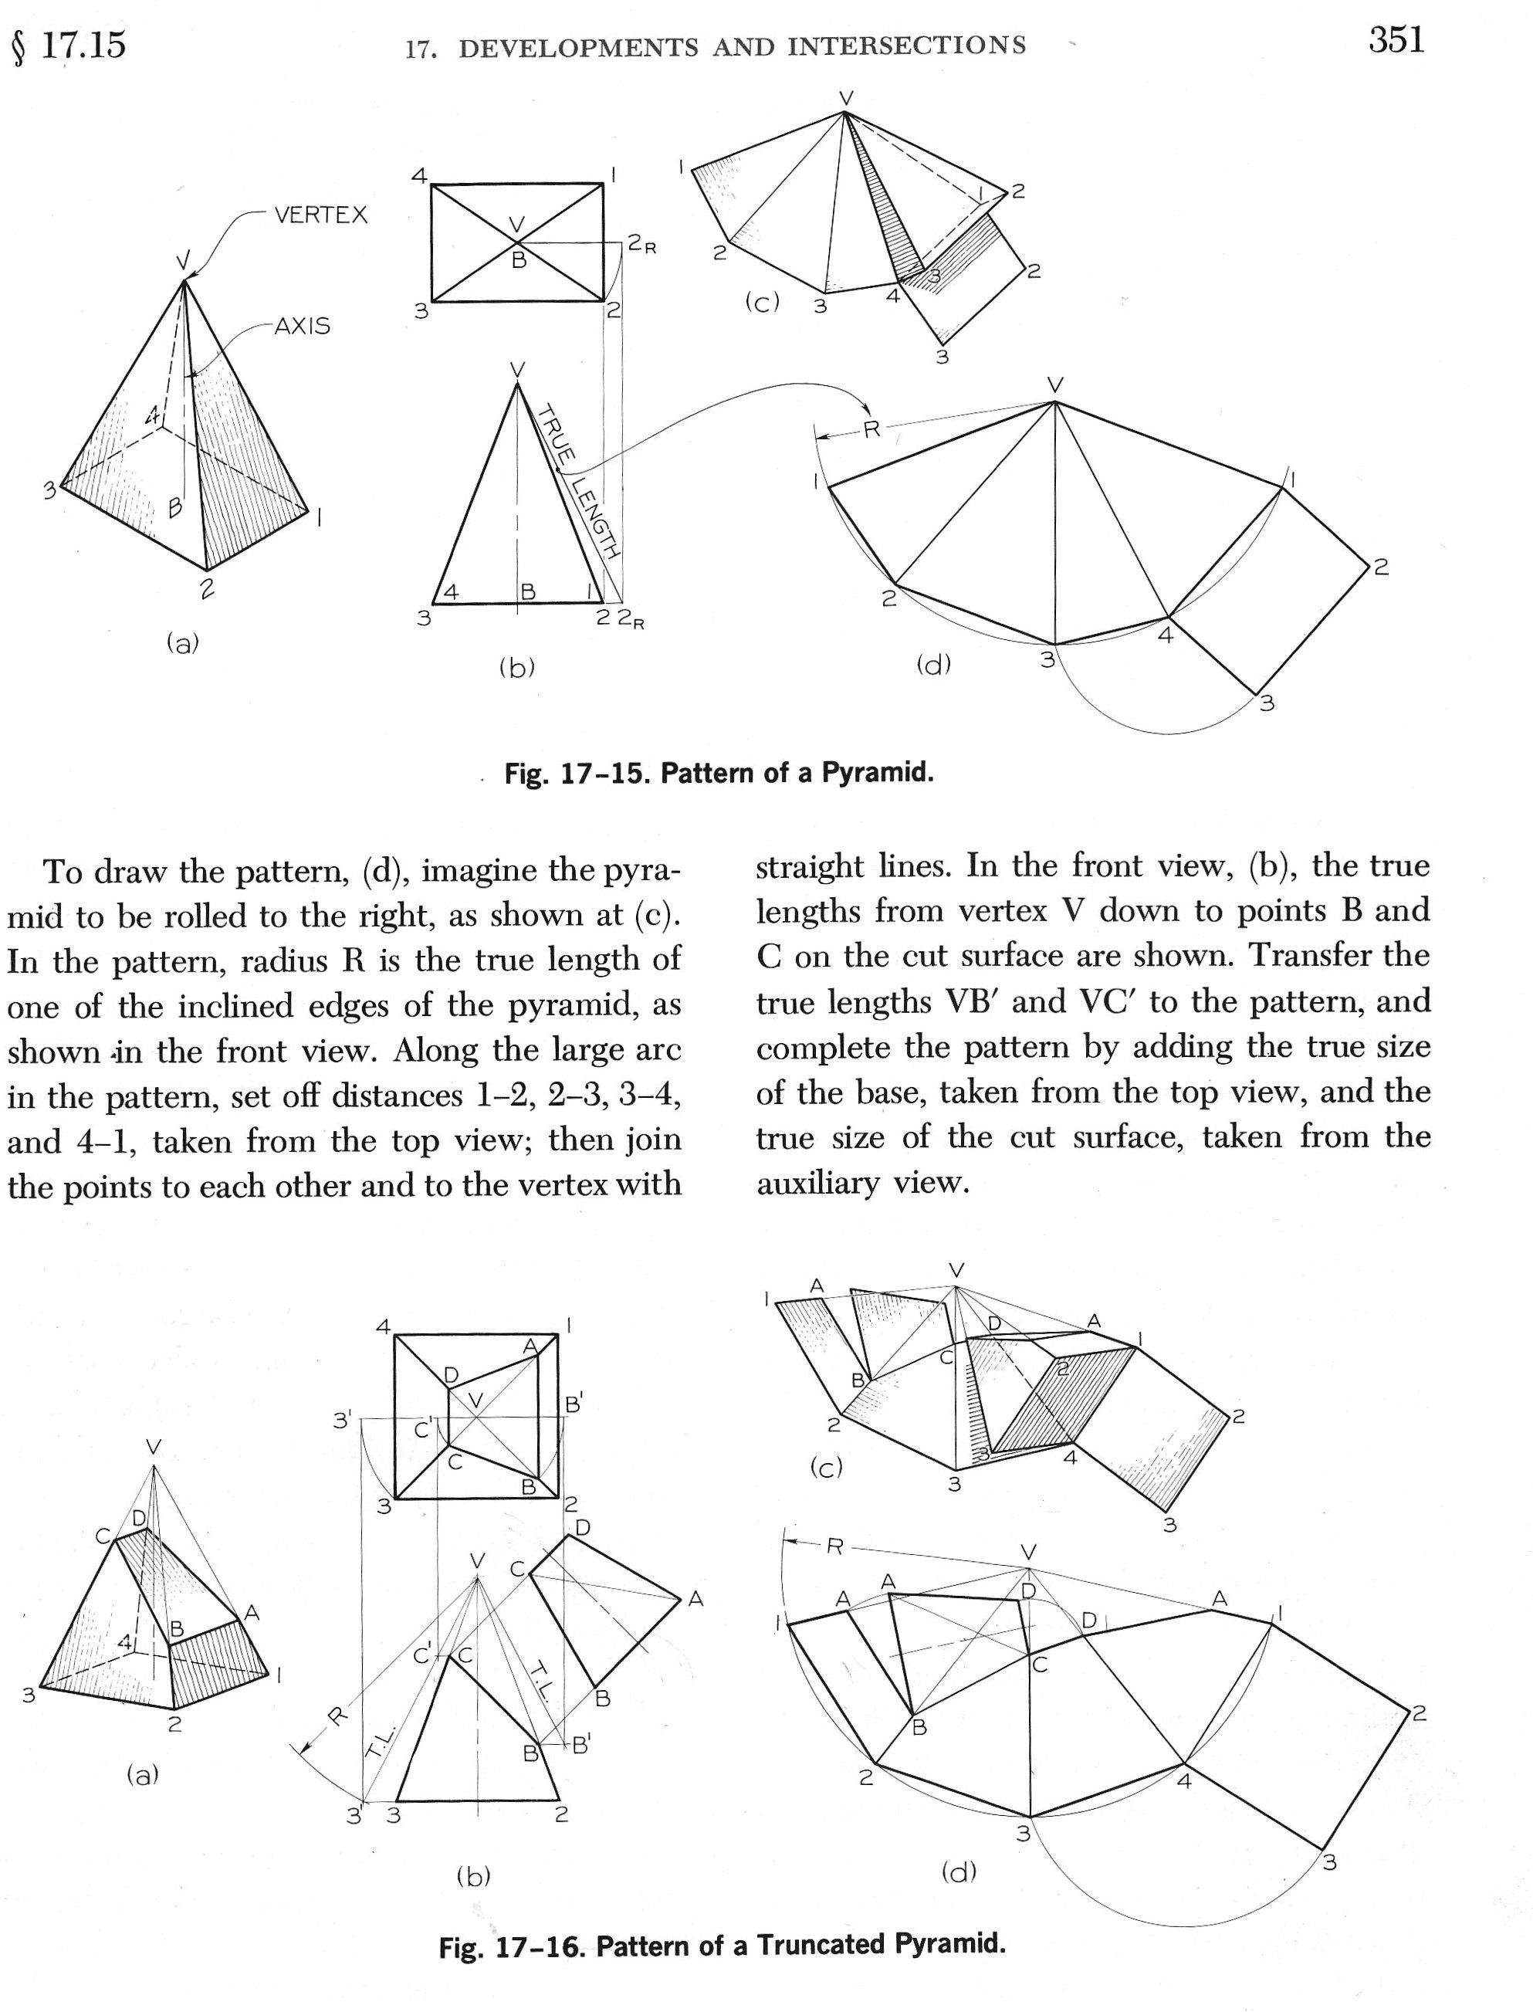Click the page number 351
[x=1396, y=40]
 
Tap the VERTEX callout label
[x=320, y=215]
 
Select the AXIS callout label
[x=302, y=326]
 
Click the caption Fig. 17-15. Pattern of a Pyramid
[x=719, y=773]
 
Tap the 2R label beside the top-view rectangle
[x=641, y=246]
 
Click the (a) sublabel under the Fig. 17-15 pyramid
[x=182, y=643]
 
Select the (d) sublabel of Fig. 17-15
[x=932, y=666]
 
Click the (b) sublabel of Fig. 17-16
[x=472, y=1876]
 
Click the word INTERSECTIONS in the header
[x=907, y=45]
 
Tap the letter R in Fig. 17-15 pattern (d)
[x=871, y=428]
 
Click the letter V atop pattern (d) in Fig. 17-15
[x=1055, y=384]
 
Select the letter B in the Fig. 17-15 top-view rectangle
[x=518, y=260]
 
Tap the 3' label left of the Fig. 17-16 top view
[x=342, y=1420]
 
